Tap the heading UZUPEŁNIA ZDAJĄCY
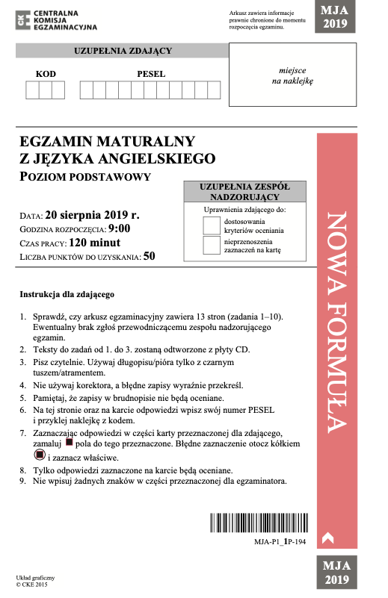(123, 51)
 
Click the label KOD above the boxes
(46, 74)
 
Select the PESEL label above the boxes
(151, 74)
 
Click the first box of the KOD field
(32, 90)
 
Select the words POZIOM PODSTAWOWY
(85, 177)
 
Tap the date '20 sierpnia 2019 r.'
(92, 214)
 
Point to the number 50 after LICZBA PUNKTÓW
(149, 257)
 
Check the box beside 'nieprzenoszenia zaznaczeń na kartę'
(212, 246)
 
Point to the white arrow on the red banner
(325, 535)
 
